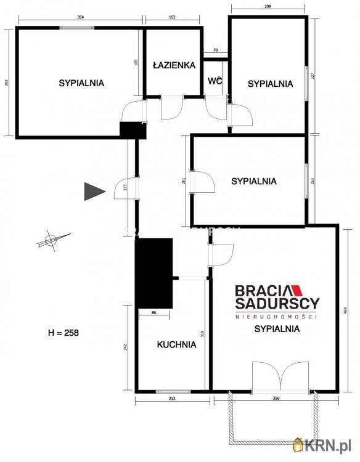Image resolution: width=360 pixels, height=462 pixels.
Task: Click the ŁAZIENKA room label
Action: click(174, 65)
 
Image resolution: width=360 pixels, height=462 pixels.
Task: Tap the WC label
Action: click(215, 81)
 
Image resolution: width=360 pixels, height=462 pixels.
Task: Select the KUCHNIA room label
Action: click(176, 345)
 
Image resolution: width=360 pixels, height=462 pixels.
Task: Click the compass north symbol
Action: click(52, 240)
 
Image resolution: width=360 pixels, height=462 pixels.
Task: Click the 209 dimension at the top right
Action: click(268, 7)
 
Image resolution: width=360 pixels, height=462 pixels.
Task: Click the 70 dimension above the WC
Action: click(215, 50)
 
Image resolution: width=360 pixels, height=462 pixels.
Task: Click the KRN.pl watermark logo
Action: click(324, 445)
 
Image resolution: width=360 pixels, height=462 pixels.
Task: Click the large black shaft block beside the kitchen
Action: click(155, 272)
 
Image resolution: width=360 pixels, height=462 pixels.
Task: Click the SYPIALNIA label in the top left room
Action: click(81, 82)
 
